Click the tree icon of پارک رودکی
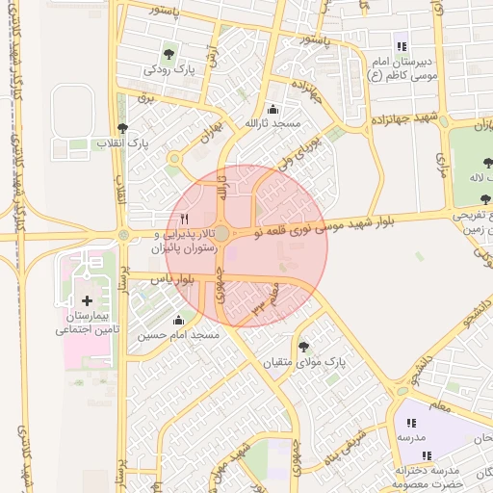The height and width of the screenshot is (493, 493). [x=169, y=54]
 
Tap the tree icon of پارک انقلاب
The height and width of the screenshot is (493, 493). [x=120, y=128]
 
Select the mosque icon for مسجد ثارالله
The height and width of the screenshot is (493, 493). [x=273, y=109]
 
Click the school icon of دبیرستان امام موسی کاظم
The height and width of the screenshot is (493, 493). [x=401, y=46]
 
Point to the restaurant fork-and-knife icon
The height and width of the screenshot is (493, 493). [x=185, y=220]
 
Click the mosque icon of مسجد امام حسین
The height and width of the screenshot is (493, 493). [x=177, y=320]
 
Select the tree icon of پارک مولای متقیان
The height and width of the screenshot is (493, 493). [x=304, y=346]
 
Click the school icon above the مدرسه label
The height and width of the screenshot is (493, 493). [x=411, y=422]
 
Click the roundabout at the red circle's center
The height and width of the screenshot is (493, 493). [x=221, y=234]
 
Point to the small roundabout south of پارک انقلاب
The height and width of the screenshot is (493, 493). [x=174, y=159]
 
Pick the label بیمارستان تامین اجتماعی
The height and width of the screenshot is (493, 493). [x=85, y=323]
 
